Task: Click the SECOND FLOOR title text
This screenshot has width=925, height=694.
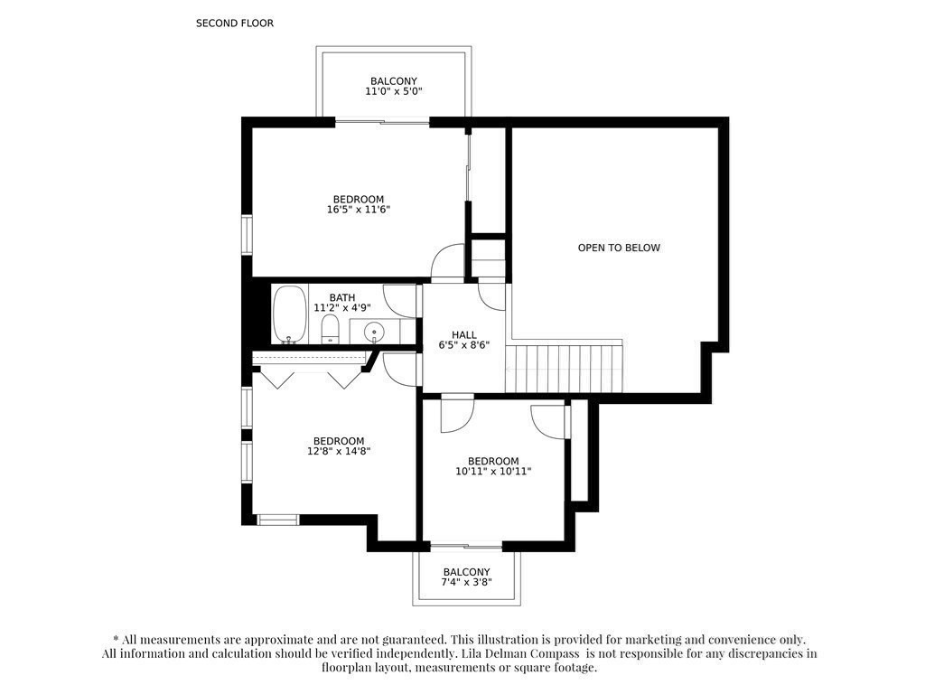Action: point(235,23)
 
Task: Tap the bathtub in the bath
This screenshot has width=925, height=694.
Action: point(290,314)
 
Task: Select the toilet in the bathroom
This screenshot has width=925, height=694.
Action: point(330,329)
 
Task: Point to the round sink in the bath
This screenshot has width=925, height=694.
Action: point(373,332)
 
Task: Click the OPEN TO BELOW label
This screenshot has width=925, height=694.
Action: point(619,248)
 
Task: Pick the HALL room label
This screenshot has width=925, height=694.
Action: point(464,334)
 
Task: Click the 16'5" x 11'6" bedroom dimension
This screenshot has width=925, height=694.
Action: point(359,210)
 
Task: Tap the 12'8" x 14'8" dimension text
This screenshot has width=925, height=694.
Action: point(339,451)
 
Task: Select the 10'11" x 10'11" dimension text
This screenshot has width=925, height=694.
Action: point(493,471)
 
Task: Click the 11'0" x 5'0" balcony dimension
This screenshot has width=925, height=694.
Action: point(394,91)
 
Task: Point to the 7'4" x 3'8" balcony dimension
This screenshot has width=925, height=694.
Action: point(467,582)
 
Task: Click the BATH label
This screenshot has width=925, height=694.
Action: point(342,297)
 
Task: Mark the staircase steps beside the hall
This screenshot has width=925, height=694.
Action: point(564,369)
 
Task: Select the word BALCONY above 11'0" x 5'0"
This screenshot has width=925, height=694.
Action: point(394,80)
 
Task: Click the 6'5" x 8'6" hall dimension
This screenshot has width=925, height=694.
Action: point(464,344)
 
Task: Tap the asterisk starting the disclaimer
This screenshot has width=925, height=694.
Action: point(117,638)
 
